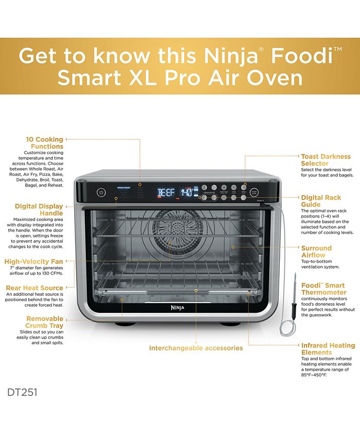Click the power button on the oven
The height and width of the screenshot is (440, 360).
pyautogui.click(x=101, y=192)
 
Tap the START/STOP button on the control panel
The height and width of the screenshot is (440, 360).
pyautogui.click(x=254, y=192)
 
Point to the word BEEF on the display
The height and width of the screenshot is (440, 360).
pyautogui.click(x=166, y=193)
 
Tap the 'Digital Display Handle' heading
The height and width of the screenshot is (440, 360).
pyautogui.click(x=39, y=209)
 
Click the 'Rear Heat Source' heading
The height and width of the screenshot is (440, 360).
pyautogui.click(x=34, y=288)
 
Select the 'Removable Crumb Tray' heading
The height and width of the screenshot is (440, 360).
pyautogui.click(x=45, y=322)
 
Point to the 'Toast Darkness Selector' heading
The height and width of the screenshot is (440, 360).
pyautogui.click(x=326, y=160)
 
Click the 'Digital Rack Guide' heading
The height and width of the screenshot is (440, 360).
pyautogui.click(x=321, y=201)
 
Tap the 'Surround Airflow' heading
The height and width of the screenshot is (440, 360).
pyautogui.click(x=316, y=251)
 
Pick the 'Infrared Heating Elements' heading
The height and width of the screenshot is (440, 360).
pyautogui.click(x=328, y=349)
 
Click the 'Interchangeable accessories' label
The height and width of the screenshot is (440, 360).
pyautogui.click(x=195, y=348)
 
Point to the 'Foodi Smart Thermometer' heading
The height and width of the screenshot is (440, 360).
pyautogui.click(x=323, y=289)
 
